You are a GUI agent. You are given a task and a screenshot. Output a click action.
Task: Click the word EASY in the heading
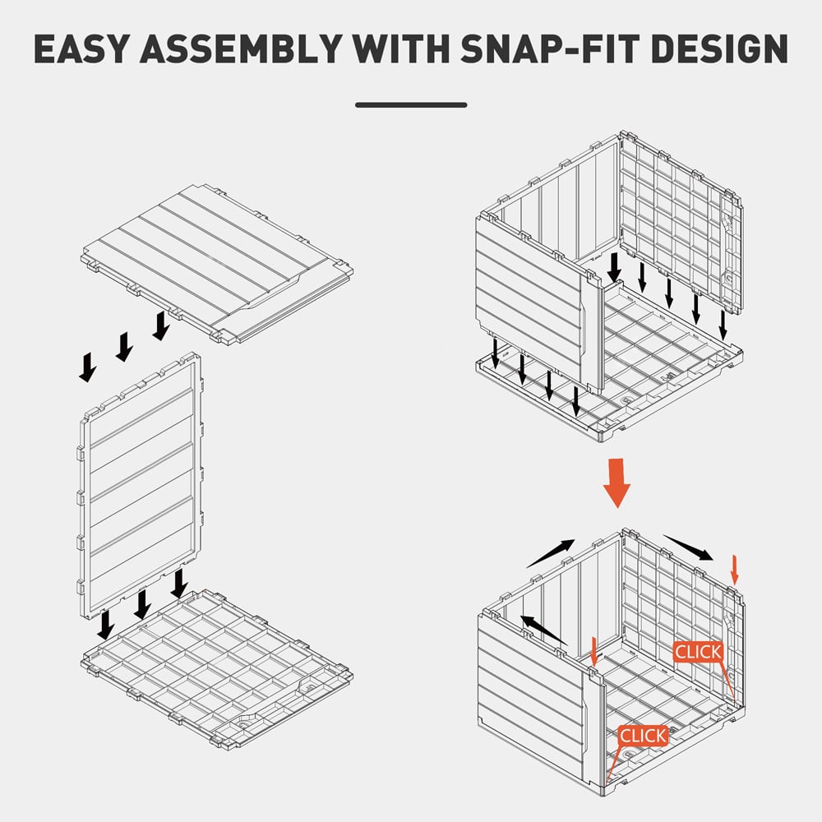point(81,48)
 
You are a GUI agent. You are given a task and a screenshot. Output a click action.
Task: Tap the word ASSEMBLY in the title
point(241,48)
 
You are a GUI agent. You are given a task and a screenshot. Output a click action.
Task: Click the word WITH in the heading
point(402,48)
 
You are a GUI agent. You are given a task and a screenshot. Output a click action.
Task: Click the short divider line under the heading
point(411,105)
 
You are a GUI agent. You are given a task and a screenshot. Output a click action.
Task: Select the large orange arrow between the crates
point(616,483)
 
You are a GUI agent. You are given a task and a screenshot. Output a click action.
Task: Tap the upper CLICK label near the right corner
point(698,652)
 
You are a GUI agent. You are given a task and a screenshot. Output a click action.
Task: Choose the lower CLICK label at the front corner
point(644,736)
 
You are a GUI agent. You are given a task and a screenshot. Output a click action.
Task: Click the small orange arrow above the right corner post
point(734,570)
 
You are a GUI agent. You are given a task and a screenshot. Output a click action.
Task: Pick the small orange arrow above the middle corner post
point(593,652)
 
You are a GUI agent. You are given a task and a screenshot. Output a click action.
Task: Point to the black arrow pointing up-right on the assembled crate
point(551,553)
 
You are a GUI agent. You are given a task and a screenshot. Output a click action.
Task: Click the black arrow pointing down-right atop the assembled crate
point(688,547)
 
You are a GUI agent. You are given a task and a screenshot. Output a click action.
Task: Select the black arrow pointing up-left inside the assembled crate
point(543,630)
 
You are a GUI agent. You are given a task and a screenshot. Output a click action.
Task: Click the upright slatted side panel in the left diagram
point(141,485)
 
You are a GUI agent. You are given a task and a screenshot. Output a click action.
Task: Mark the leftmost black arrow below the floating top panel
point(88,367)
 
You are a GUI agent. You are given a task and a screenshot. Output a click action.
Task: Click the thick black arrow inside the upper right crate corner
point(614,268)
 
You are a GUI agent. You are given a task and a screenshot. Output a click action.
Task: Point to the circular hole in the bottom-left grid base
point(244,723)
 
